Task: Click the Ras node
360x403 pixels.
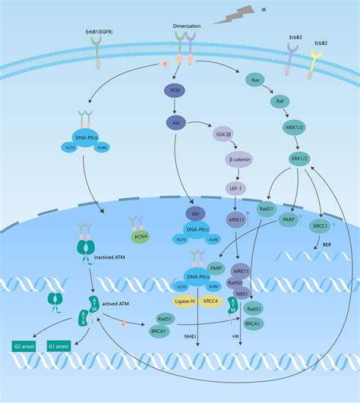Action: (256, 80)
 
